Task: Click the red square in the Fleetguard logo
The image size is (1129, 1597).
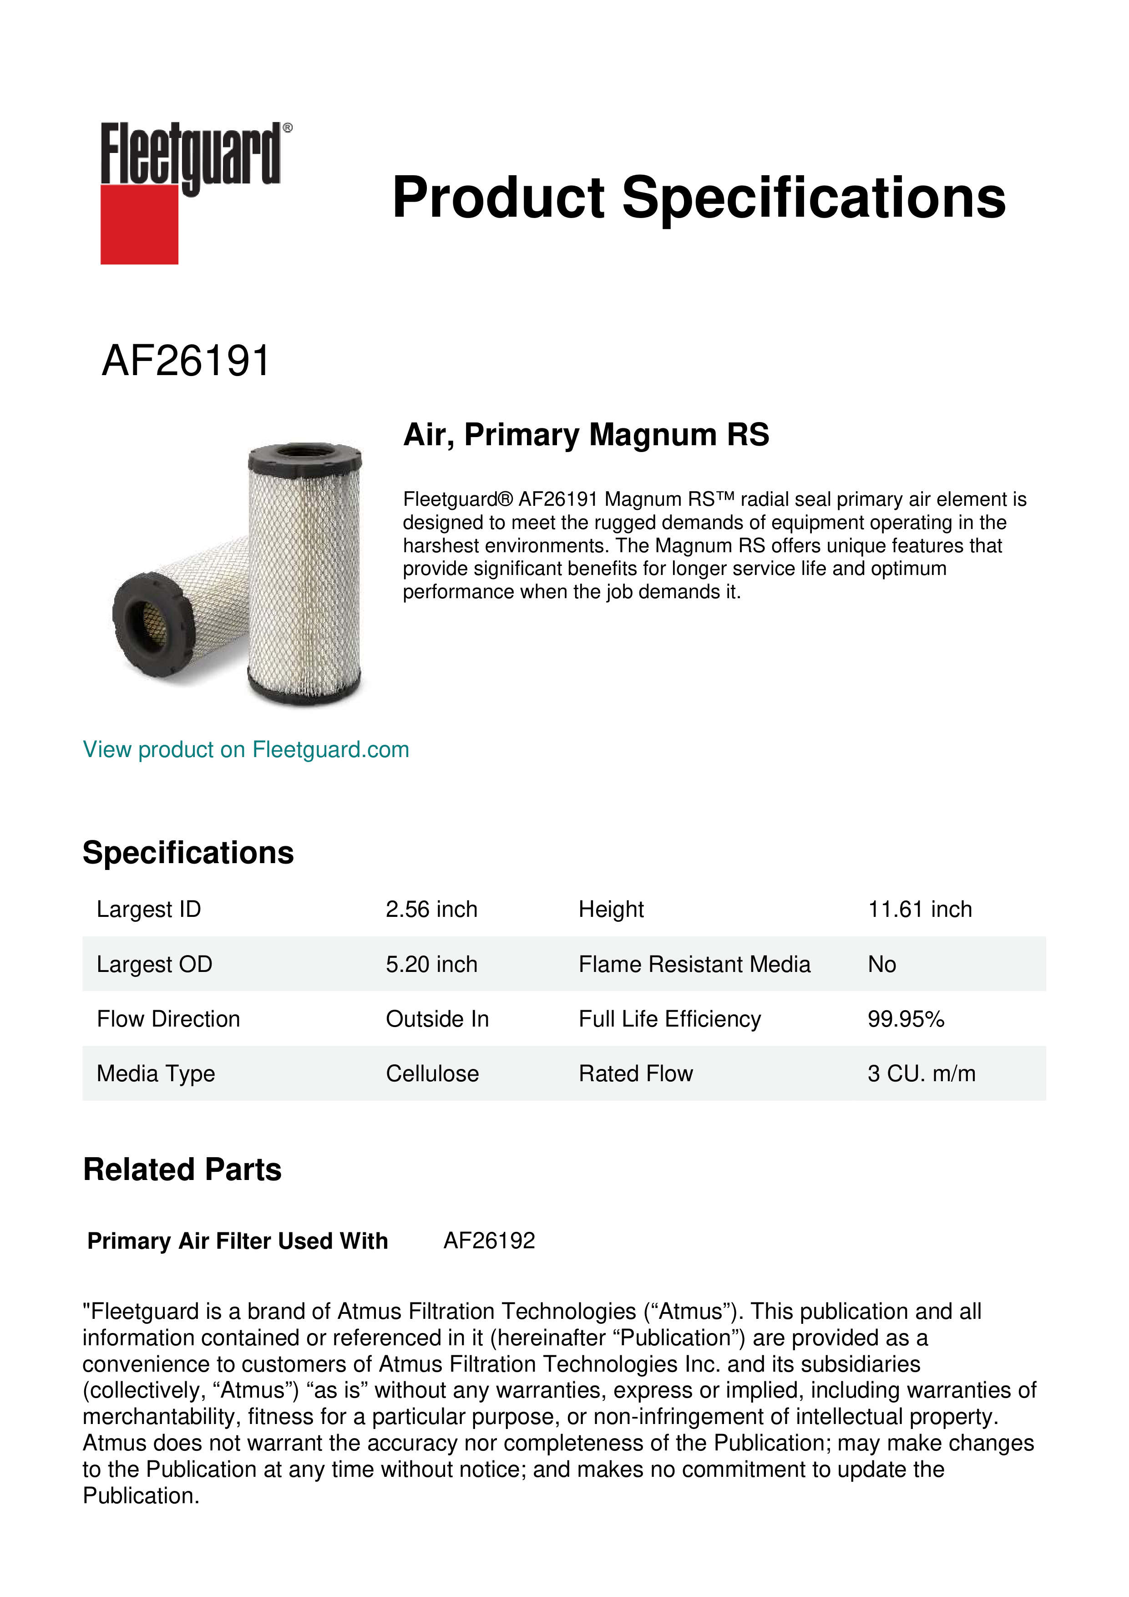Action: (139, 224)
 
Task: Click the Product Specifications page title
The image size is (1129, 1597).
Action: (699, 198)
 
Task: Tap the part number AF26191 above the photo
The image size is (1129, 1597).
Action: (186, 361)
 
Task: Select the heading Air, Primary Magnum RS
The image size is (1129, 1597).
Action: (586, 435)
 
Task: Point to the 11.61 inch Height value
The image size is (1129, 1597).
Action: (919, 909)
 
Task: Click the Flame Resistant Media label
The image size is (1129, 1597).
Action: (694, 964)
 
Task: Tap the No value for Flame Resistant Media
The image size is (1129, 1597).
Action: (881, 964)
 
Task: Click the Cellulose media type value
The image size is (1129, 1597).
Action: (432, 1074)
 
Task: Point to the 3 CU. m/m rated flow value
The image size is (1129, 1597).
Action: (921, 1074)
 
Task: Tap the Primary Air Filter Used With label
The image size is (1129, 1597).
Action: (237, 1241)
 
